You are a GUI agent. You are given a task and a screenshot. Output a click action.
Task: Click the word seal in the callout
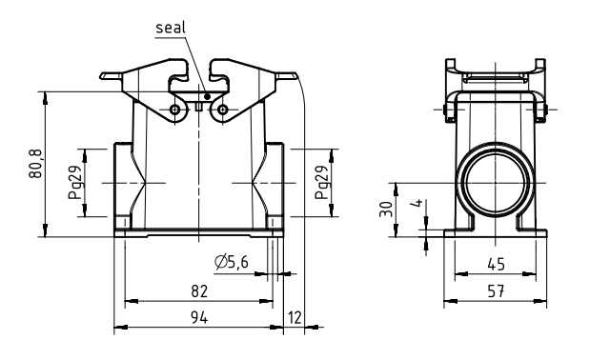pos(171,28)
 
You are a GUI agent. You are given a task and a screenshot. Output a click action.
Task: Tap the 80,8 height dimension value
pos(36,164)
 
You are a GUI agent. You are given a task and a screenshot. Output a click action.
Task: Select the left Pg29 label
pos(75,182)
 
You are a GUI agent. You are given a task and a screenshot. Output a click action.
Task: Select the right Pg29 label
pos(322,182)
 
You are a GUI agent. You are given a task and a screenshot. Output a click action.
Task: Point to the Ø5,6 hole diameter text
pos(232,263)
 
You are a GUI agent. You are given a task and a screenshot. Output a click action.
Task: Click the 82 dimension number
pos(199,290)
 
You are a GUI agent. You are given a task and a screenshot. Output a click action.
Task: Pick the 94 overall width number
pos(199,318)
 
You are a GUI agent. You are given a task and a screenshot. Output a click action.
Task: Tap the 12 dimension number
pos(295,318)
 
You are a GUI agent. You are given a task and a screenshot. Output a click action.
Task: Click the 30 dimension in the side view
pos(386,210)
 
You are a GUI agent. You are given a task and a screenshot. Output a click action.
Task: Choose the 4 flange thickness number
pos(417,203)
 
